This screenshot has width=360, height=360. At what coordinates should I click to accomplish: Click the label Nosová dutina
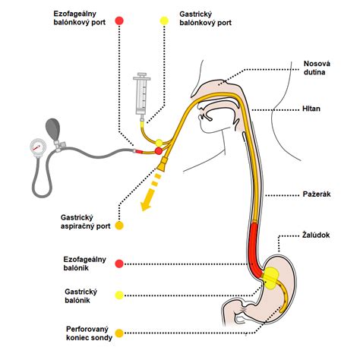pos(317,68)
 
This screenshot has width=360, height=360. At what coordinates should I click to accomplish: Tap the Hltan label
pos(311,109)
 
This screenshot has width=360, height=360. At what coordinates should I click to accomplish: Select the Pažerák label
pos(317,194)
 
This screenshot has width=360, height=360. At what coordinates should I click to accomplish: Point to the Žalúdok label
pos(316,235)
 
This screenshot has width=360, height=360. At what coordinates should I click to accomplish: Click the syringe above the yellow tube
pos(142,96)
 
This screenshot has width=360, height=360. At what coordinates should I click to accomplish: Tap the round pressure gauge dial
pos(38,147)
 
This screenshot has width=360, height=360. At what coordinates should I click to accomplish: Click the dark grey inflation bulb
pos(52,129)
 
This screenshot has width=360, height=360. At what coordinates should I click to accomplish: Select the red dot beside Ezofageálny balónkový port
pos(119,21)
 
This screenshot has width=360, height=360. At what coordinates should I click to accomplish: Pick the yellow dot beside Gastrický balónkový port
pos(164,21)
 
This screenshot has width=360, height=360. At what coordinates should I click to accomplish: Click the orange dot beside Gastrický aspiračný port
pos(119,226)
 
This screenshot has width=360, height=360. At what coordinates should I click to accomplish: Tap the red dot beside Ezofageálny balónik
pos(119,264)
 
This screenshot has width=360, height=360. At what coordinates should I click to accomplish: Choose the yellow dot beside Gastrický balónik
pos(119,295)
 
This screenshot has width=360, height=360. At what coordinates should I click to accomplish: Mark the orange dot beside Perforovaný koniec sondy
pos(119,333)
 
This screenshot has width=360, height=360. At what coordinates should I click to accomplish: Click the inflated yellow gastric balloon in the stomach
pos(270,279)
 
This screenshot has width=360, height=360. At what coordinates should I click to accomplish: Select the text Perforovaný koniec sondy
pos(89,333)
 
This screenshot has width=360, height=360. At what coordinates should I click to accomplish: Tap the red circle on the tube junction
pos(159,151)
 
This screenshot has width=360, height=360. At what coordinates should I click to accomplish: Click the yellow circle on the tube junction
pos(159,143)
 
